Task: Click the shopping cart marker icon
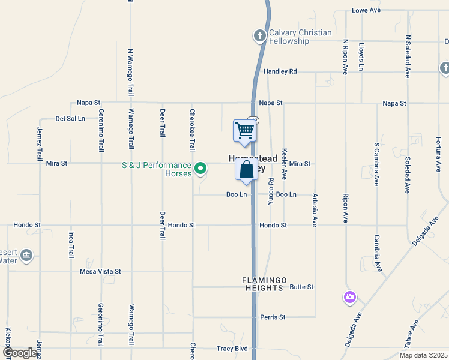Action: [x=244, y=130]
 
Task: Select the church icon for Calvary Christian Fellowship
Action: [x=260, y=36]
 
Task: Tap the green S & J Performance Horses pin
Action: [x=201, y=168]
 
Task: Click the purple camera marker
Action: [x=350, y=296]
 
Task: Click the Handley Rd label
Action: [x=280, y=71]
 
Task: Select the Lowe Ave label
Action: [x=366, y=10]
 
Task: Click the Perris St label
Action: [x=273, y=317]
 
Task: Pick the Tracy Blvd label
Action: [x=232, y=349]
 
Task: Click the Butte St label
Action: [x=301, y=287]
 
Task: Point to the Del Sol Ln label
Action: [x=68, y=119]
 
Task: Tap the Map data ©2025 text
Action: [x=423, y=355]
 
